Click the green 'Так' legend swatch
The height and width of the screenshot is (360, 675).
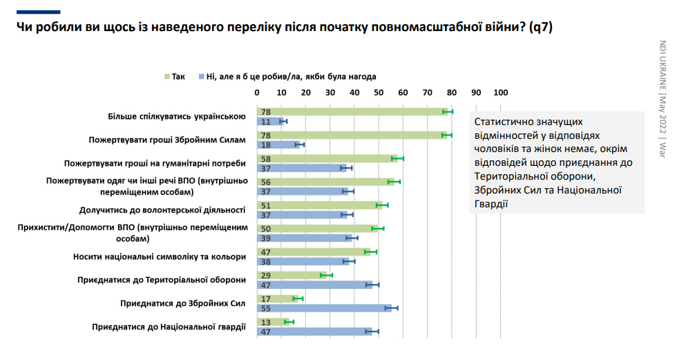click(167, 77)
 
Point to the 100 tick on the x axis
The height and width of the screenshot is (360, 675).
click(500, 93)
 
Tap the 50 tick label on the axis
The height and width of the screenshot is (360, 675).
click(379, 93)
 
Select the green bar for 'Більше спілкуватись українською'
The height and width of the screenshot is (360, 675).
click(352, 112)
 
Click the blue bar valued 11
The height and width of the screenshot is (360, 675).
click(269, 122)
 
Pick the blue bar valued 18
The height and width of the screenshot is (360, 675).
click(278, 144)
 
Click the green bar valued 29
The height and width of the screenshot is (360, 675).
click(292, 275)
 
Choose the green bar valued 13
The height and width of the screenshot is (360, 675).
click(272, 321)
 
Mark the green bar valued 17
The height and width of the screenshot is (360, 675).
click(277, 299)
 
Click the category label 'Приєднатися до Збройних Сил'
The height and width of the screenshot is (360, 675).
click(183, 303)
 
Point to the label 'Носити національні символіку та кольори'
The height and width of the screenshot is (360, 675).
click(160, 256)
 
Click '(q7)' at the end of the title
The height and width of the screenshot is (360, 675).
click(536, 27)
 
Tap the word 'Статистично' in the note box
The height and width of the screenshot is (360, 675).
click(503, 121)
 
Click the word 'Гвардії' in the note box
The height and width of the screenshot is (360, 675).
click(491, 203)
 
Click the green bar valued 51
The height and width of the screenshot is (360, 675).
click(319, 205)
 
